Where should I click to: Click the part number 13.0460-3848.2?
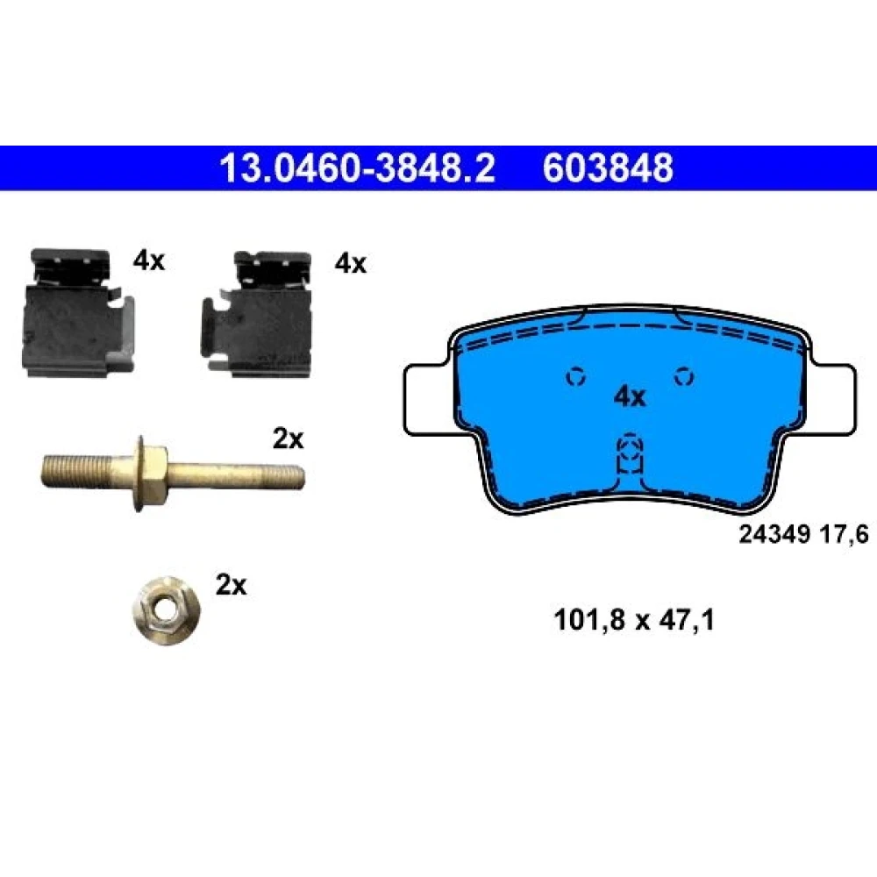(x=357, y=168)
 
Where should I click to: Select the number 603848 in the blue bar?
(x=608, y=168)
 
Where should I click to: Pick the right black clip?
(x=257, y=314)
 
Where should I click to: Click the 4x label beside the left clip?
(x=149, y=260)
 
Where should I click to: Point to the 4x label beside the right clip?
(x=351, y=263)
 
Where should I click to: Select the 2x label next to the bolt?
(x=288, y=439)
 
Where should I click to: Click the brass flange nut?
(x=167, y=610)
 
